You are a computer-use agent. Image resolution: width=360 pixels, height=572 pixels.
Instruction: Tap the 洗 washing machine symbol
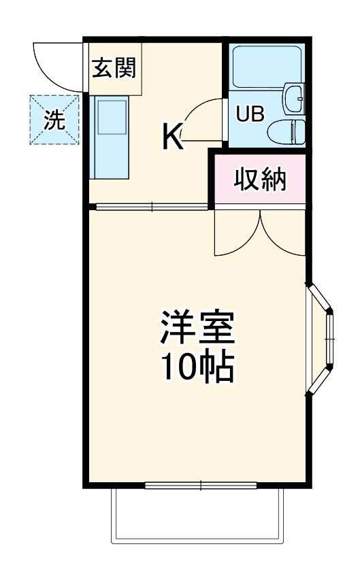pos(54,120)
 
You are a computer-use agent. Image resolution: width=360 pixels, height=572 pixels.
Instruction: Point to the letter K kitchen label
pos(172,139)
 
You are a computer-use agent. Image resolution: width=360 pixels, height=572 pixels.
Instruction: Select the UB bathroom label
pos(248,114)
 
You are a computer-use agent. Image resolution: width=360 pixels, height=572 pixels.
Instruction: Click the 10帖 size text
pos(197,368)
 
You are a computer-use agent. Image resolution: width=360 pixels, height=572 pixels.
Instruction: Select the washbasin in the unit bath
pos(295,99)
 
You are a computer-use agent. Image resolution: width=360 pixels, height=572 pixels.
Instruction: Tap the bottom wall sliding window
pos(201,485)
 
